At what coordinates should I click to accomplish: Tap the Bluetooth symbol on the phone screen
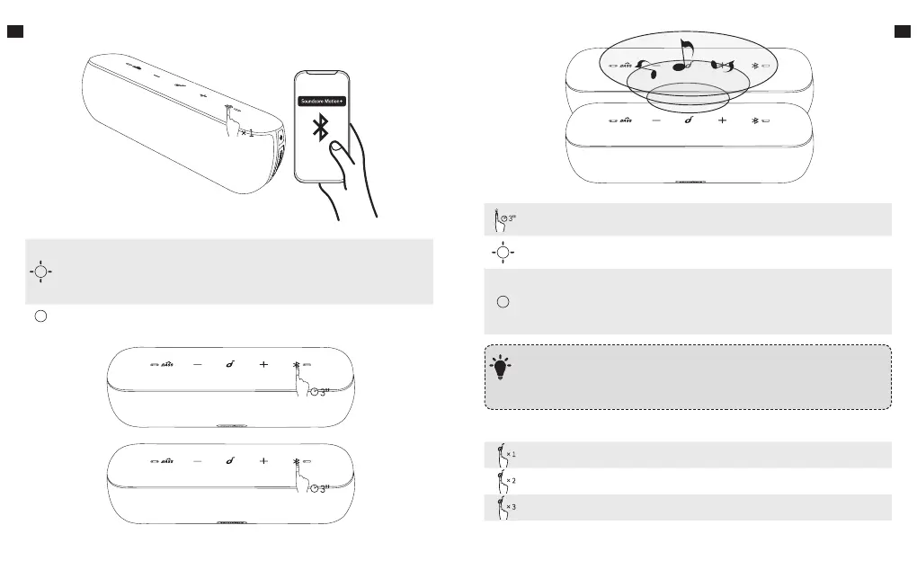point(319,128)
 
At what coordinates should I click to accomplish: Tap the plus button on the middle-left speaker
point(263,364)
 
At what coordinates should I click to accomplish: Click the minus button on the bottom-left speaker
point(197,460)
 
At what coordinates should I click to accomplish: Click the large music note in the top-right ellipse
point(685,56)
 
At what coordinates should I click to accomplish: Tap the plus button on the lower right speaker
point(721,120)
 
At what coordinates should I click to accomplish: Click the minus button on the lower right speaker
point(654,120)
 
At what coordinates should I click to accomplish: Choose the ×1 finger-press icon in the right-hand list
point(504,454)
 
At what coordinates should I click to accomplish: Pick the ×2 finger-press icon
point(504,480)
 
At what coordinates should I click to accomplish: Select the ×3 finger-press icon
point(504,507)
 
